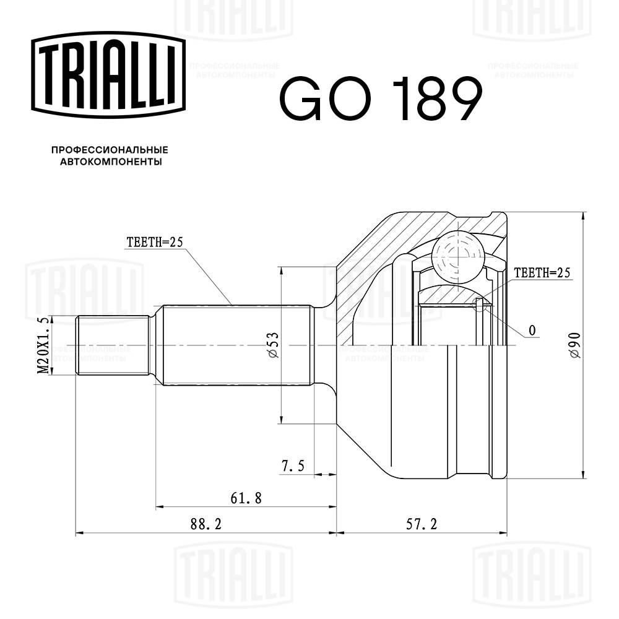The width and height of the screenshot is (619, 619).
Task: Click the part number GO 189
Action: (380, 99)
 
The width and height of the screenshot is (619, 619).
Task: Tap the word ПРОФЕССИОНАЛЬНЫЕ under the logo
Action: (110, 150)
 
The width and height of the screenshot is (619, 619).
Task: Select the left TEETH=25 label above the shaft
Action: (154, 243)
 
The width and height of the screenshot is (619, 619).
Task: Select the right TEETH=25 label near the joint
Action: (541, 272)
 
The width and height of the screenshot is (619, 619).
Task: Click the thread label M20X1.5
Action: (43, 345)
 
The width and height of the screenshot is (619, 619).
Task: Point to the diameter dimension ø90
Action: (574, 345)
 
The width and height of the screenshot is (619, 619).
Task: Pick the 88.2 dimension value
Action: (206, 524)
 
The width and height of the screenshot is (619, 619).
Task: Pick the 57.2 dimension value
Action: (422, 524)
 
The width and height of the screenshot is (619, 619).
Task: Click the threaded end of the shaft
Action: (111, 345)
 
